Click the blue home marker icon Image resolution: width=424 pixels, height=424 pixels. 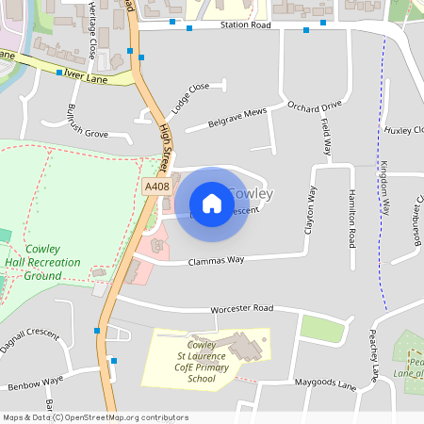(212, 203)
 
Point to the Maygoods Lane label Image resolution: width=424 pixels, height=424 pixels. (325, 385)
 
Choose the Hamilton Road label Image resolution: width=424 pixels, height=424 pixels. (351, 212)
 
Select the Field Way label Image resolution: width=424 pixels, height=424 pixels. (326, 137)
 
